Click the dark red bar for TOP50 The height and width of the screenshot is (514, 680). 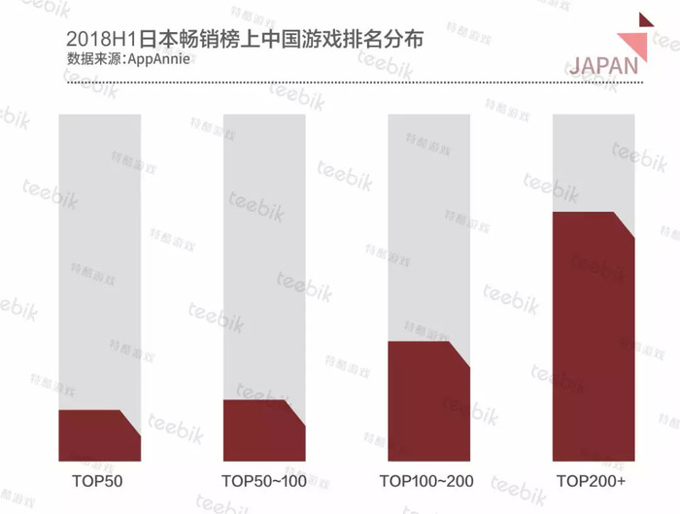point(99,435)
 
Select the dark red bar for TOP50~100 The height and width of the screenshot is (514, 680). point(264,430)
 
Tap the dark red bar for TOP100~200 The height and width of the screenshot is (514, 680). point(428,401)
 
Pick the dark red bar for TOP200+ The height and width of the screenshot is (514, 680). point(594,336)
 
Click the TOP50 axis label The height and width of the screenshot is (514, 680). point(97,481)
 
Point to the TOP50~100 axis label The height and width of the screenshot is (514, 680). point(264,481)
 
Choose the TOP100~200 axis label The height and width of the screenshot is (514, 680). point(426,481)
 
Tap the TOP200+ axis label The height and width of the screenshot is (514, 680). point(591,481)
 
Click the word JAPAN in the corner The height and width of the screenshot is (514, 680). point(603,66)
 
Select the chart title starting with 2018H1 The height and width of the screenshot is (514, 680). point(245,40)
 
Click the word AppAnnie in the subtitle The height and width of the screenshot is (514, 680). point(158,59)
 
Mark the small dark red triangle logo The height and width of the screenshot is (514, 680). point(644,20)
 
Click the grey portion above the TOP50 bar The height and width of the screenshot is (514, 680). point(99,261)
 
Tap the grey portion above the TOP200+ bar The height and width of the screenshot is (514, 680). point(594,163)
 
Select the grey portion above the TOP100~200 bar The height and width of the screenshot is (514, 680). point(428,227)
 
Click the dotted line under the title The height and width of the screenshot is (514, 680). point(355,83)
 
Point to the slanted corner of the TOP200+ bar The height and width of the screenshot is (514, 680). point(624,224)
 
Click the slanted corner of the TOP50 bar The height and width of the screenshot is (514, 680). point(130,423)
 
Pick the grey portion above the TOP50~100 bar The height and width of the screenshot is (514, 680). point(264,257)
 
